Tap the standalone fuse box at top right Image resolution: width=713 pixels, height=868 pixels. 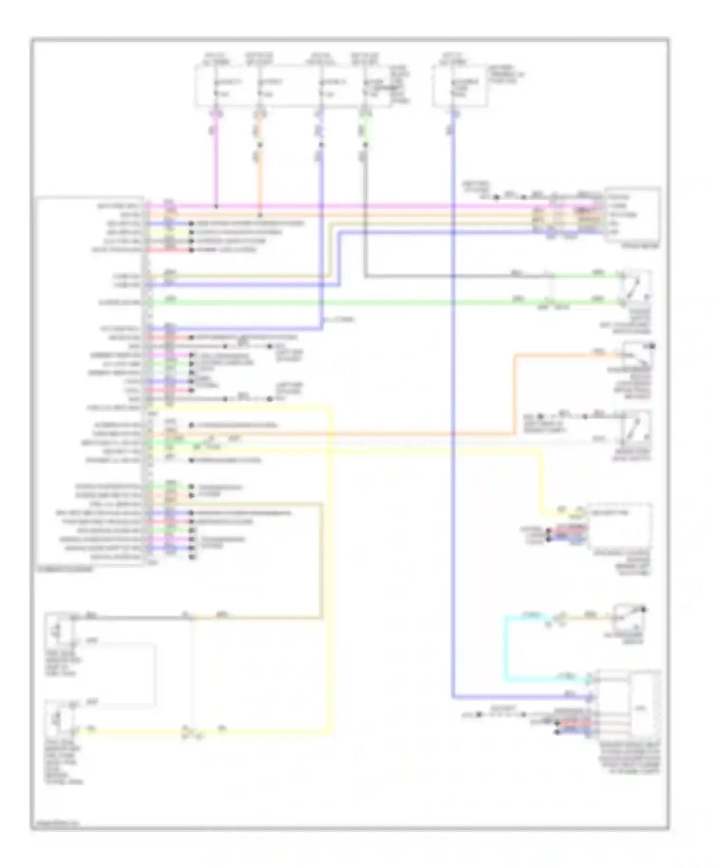tap(460, 86)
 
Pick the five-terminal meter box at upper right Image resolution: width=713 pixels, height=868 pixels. tap(632, 215)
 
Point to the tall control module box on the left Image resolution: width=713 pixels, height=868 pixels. tap(90, 380)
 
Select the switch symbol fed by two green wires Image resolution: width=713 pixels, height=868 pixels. tap(635, 287)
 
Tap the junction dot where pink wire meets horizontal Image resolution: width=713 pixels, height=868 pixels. tap(217, 207)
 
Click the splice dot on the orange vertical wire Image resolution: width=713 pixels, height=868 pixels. tap(260, 145)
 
